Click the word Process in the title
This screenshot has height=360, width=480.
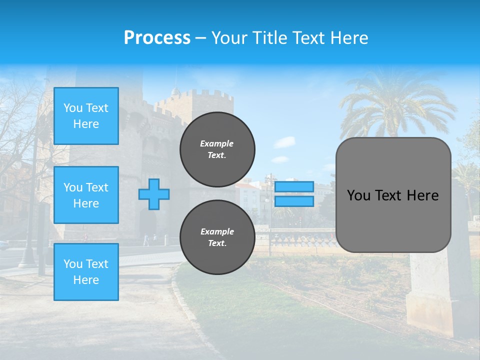[157, 38]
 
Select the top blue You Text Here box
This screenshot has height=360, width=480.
[86, 116]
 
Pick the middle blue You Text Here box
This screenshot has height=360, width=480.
[86, 195]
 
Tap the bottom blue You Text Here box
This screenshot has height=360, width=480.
[86, 271]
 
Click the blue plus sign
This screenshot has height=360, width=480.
[154, 194]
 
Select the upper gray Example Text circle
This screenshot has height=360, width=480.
[217, 149]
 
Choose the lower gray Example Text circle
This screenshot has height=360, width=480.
[217, 237]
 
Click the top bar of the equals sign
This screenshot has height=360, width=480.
[294, 187]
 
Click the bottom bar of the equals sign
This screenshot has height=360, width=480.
[294, 201]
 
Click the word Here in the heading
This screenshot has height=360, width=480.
[349, 38]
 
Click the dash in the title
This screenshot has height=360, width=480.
[201, 38]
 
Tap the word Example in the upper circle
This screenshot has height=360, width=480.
[217, 143]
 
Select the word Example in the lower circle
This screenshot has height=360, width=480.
[217, 231]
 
